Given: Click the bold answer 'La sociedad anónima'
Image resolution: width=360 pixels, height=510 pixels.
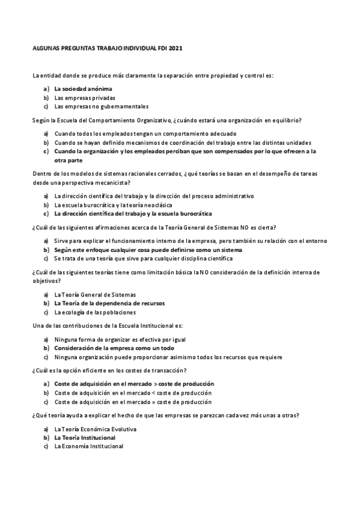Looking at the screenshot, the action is point(83,88).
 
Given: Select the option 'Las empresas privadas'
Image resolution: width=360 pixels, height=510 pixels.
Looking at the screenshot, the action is point(84,97).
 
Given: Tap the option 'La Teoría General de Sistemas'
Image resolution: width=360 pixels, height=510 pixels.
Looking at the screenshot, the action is point(95,295).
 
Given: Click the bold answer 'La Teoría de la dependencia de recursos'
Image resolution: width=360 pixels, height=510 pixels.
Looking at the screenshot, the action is point(109,304).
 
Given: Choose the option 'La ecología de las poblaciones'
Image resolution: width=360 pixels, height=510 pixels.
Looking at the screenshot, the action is point(95,312).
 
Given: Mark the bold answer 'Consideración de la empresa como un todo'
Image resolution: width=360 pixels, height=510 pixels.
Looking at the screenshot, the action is point(114,348).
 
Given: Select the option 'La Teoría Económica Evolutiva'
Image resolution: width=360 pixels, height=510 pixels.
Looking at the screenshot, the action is point(95,429).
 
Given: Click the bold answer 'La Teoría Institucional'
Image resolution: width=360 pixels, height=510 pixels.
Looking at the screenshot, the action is point(85,438).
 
